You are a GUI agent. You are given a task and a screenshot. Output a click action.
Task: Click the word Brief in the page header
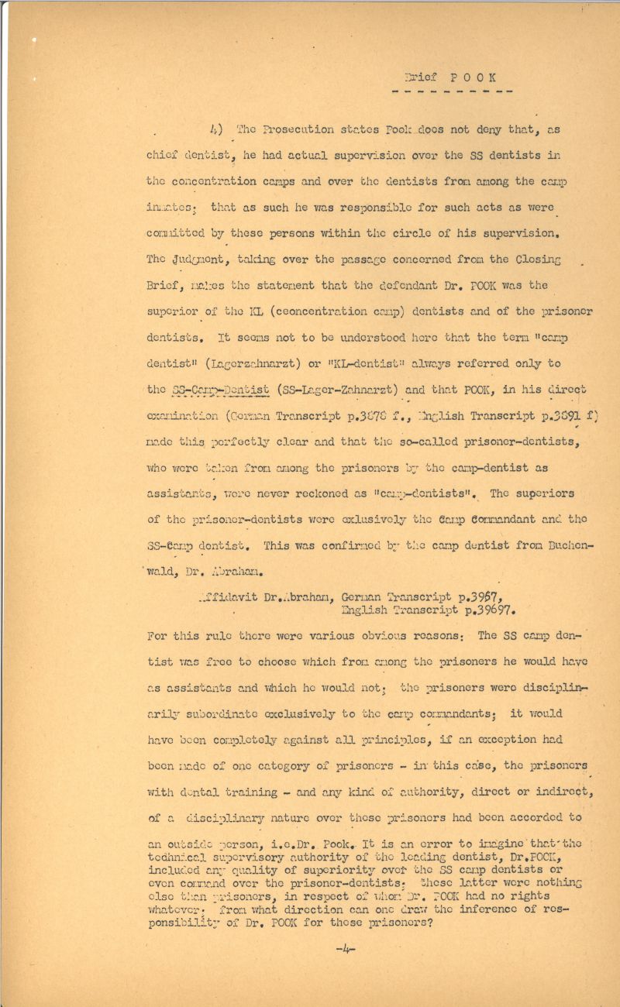[x=421, y=77]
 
